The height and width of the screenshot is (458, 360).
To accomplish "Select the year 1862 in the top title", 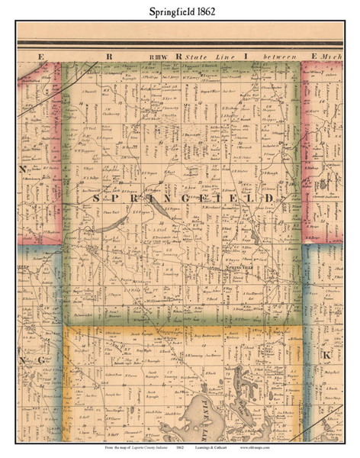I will pos(203,9).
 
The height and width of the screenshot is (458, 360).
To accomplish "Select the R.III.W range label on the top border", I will pos(159,56).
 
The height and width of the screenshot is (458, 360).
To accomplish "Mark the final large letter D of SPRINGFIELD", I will pos(271,198).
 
